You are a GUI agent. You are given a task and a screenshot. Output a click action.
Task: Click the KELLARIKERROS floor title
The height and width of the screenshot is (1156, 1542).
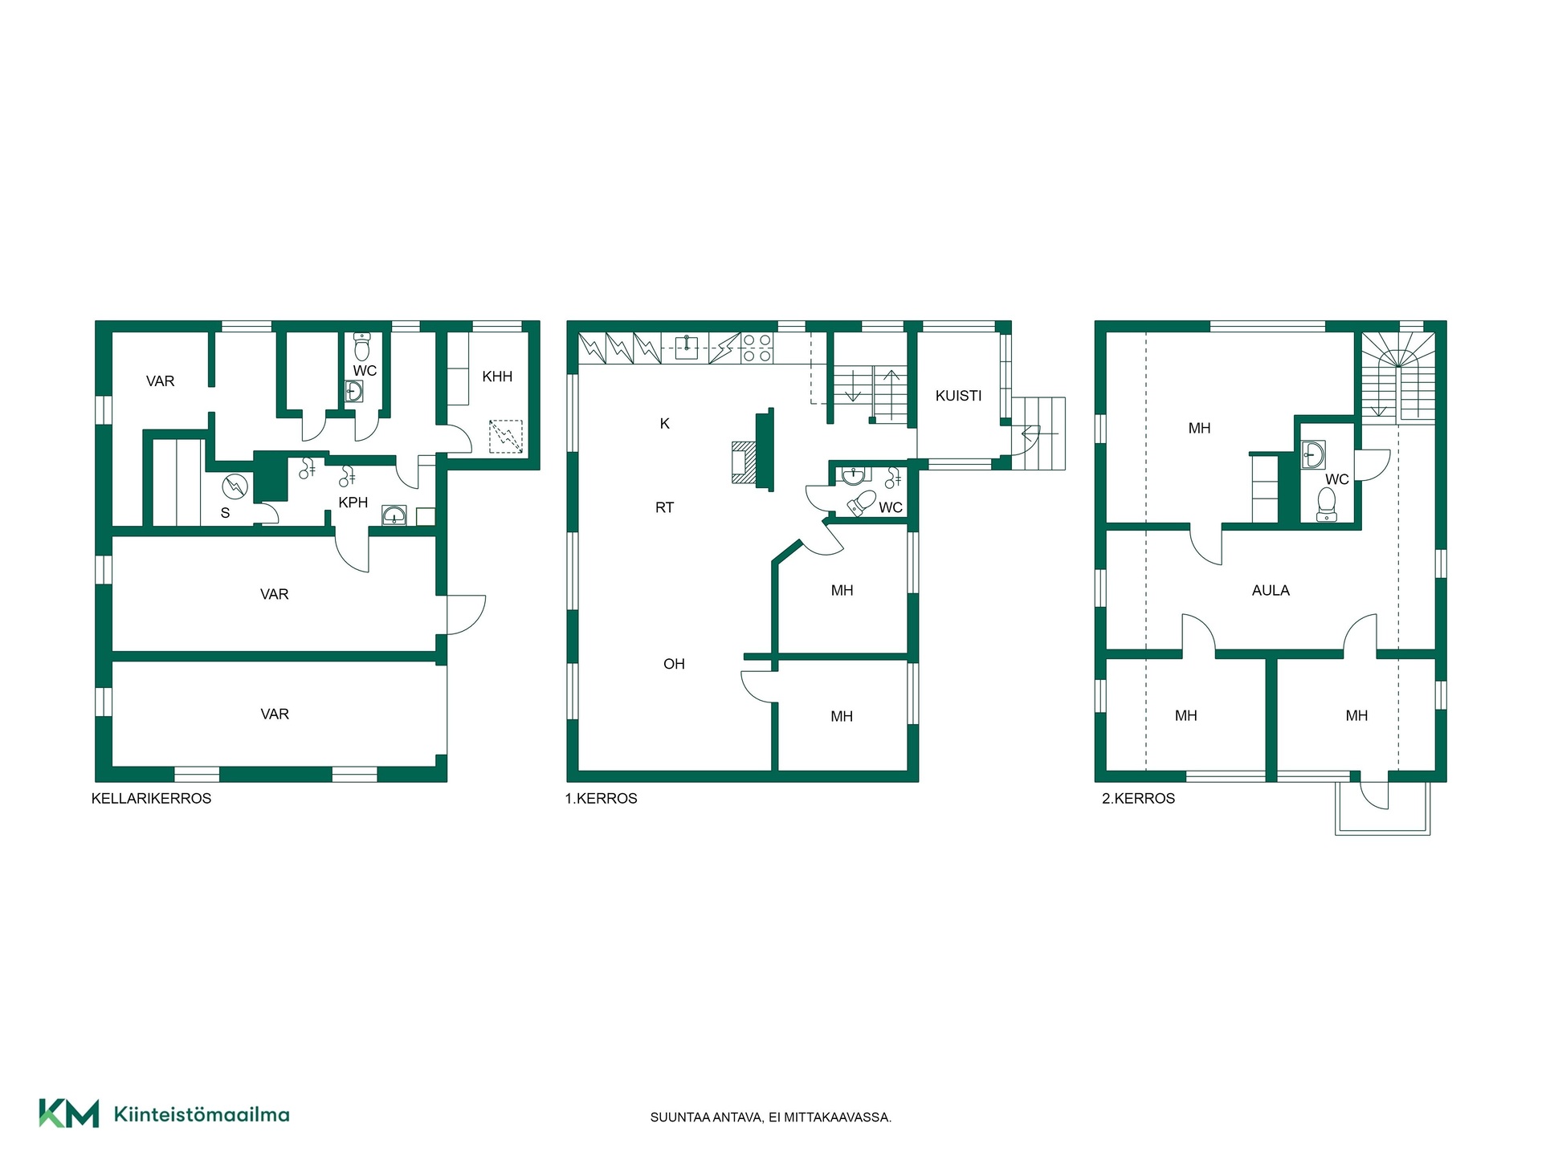(x=152, y=799)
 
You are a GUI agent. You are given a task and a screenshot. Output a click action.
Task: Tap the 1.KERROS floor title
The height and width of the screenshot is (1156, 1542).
(x=601, y=799)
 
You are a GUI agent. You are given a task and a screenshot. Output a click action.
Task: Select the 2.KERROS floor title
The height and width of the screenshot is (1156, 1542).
(x=1138, y=799)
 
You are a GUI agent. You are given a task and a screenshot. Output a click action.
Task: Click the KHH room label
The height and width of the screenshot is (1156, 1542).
(x=497, y=377)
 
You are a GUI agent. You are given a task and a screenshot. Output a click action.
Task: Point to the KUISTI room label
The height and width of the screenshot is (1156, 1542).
(x=958, y=396)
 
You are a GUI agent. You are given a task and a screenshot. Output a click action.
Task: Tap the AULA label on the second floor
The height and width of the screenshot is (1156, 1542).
(x=1271, y=591)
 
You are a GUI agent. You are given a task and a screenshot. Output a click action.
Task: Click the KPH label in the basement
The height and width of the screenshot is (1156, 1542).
(x=353, y=503)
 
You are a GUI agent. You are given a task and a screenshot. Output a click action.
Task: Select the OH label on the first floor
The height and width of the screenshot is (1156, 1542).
(x=674, y=664)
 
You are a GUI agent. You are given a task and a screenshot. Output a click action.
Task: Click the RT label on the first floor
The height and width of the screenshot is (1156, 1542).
(x=664, y=507)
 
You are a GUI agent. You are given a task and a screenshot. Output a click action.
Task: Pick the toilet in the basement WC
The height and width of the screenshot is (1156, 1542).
(x=362, y=347)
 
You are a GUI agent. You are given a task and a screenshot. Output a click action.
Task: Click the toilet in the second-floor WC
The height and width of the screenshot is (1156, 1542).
(x=1327, y=504)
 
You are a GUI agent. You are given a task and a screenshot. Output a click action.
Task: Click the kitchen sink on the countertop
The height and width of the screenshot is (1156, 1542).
(x=685, y=348)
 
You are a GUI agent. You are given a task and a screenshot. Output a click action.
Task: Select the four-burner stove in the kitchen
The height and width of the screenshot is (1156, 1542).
(x=757, y=348)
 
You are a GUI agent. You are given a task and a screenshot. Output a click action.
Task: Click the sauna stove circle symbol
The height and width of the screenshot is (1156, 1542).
(x=235, y=486)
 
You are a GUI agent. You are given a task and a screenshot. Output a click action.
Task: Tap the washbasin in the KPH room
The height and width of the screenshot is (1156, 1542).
(x=394, y=515)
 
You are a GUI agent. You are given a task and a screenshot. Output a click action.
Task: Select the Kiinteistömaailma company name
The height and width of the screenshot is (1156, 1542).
(x=202, y=1114)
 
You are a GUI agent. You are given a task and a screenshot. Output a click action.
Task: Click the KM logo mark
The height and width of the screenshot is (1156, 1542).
(x=69, y=1113)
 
